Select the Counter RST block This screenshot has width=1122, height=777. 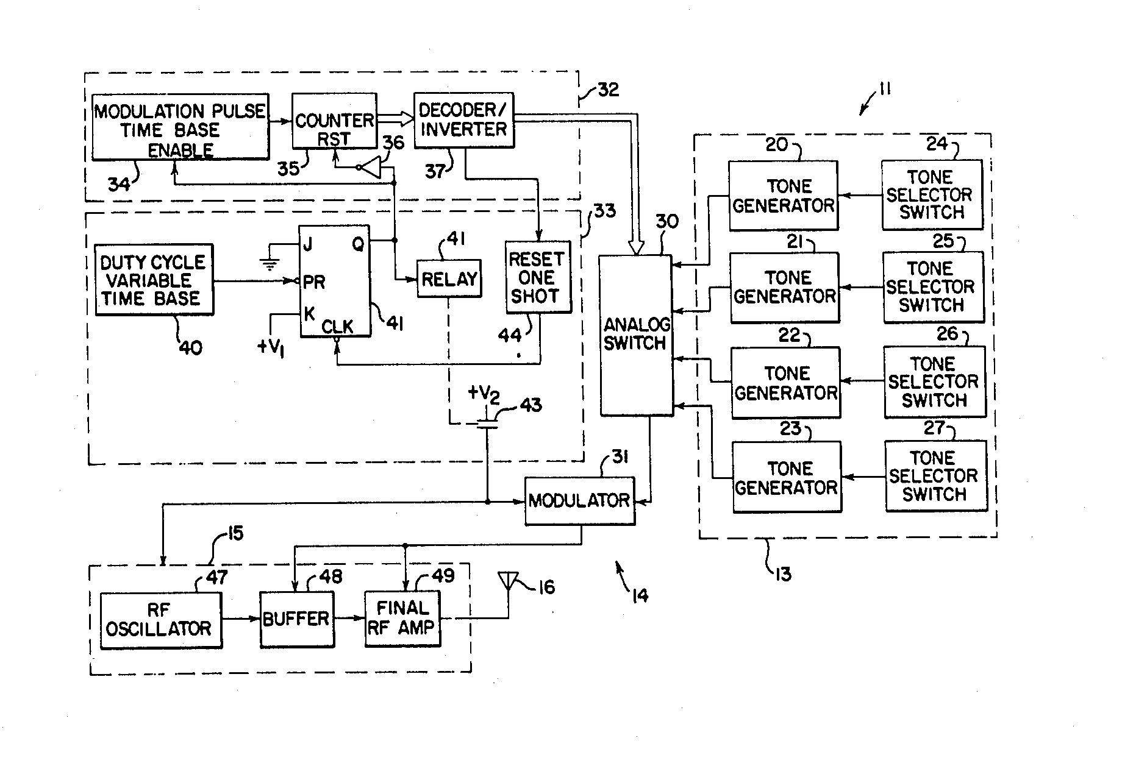click(334, 121)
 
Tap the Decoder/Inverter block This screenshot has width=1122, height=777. click(463, 120)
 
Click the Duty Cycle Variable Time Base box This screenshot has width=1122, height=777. click(154, 280)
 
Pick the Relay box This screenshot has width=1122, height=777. click(449, 279)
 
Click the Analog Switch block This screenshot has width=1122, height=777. click(636, 335)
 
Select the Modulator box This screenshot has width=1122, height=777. click(579, 501)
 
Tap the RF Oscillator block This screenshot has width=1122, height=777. click(160, 620)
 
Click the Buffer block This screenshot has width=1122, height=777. click(296, 619)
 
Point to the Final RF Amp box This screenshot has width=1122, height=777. click(402, 619)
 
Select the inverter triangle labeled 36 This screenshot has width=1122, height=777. click(371, 167)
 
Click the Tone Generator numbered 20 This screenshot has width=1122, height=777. click(783, 196)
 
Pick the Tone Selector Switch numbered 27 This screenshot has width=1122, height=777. click(935, 476)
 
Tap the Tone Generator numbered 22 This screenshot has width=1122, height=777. click(785, 383)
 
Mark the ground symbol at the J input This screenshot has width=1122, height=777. click(269, 264)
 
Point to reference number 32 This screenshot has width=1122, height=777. click(607, 90)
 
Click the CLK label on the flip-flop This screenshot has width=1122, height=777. click(337, 327)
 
